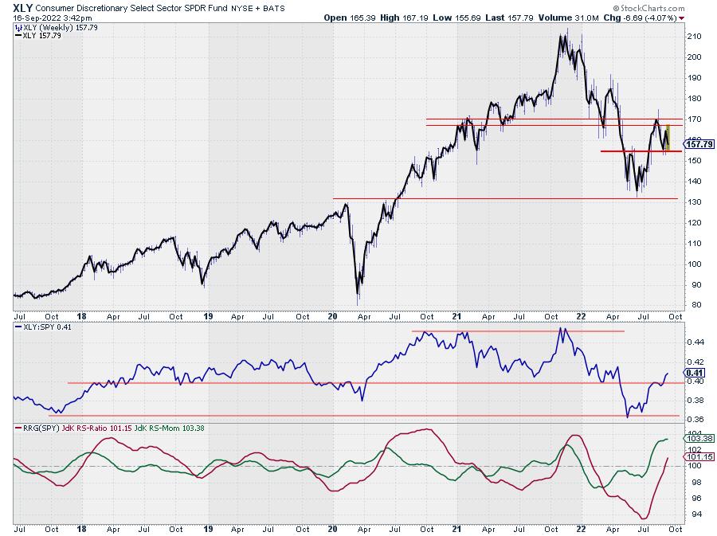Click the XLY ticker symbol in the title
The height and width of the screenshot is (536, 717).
(x=23, y=6)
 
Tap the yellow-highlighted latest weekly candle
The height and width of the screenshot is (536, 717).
(x=668, y=137)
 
